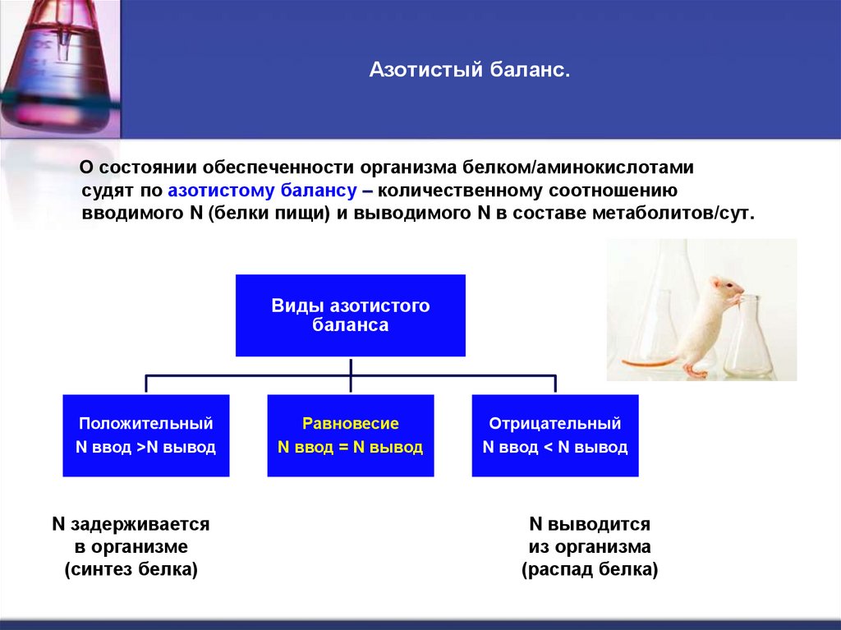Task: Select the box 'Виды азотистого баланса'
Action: tap(351, 315)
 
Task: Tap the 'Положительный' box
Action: tap(146, 435)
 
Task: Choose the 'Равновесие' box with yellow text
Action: tap(351, 435)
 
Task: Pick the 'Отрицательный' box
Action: tap(555, 435)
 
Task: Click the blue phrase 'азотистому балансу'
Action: tap(261, 191)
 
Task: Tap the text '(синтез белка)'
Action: tap(131, 569)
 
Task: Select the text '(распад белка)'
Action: tap(590, 569)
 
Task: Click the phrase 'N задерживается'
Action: tap(131, 524)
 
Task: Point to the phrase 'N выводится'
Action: tap(590, 524)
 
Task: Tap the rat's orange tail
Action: tap(649, 361)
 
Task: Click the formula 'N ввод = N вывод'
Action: tap(351, 448)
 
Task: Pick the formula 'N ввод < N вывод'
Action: tap(555, 448)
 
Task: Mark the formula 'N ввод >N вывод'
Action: tap(146, 448)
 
